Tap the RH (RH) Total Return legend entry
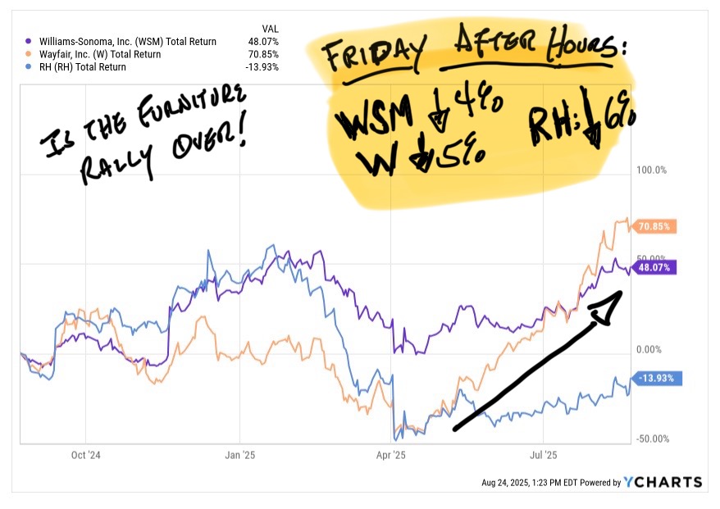click(x=82, y=67)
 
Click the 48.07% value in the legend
click(x=263, y=40)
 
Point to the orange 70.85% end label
click(x=655, y=226)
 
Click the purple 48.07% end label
click(x=655, y=267)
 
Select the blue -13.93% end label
click(x=655, y=379)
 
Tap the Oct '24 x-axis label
click(x=85, y=455)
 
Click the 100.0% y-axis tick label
click(x=653, y=170)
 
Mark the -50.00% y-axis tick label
click(x=652, y=439)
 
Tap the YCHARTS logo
click(x=663, y=482)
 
